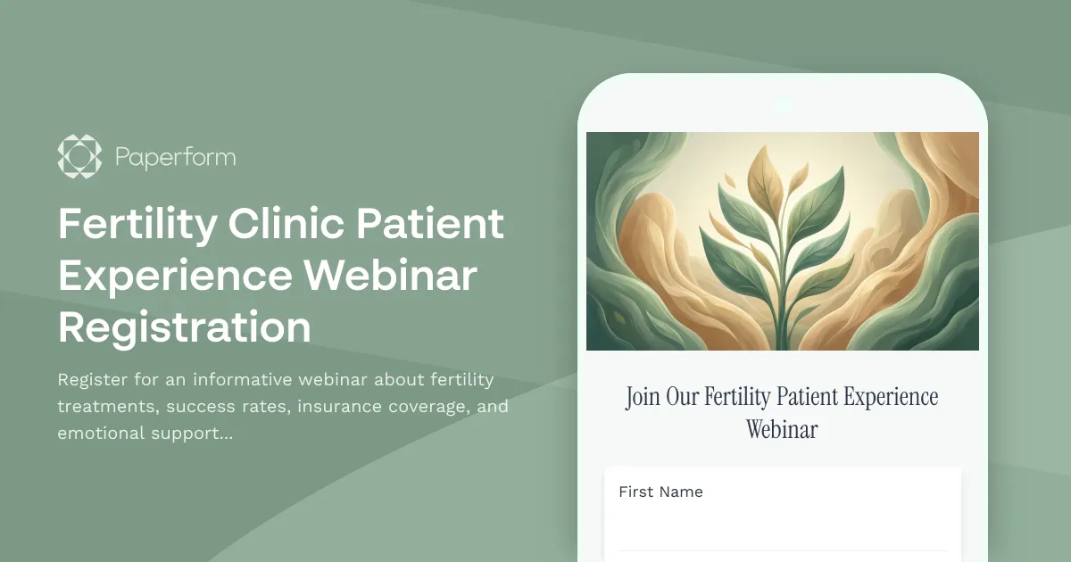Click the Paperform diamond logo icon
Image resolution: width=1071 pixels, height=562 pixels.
click(79, 157)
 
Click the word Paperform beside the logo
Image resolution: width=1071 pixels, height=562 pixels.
click(175, 158)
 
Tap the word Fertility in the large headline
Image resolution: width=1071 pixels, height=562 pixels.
click(137, 224)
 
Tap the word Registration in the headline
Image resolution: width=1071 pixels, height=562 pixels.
click(185, 327)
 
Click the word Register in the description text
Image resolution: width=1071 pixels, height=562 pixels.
click(92, 380)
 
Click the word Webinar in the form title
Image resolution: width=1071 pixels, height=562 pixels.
click(782, 429)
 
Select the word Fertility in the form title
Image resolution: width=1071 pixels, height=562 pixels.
click(738, 396)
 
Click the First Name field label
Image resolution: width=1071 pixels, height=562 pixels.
click(660, 492)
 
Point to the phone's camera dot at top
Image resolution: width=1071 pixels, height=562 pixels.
click(782, 105)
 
